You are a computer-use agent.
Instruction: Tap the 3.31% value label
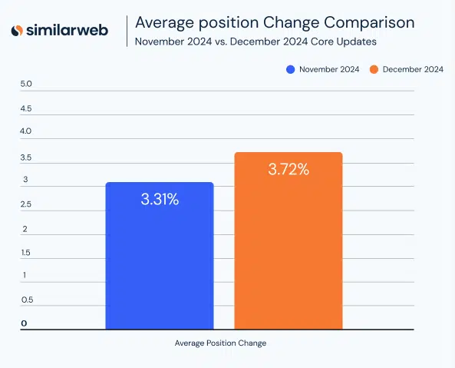pos(160,200)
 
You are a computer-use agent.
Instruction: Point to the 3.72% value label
pos(288,170)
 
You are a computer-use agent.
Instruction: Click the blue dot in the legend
pos(290,69)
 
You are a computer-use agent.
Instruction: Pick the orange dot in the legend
pos(374,69)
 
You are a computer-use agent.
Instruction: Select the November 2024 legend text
pos(328,69)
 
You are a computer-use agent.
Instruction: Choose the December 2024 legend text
pos(412,69)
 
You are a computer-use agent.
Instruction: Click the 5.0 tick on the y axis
pos(26,84)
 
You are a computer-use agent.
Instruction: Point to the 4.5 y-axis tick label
pos(26,108)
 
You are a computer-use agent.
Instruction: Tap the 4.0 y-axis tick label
pos(26,131)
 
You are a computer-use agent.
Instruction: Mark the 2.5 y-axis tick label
pos(26,204)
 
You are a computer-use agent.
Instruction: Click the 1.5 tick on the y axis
pos(26,253)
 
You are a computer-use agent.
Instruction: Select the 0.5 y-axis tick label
pos(26,300)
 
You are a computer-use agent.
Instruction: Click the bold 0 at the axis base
pos(24,323)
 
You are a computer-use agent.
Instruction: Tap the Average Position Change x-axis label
pos(220,343)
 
